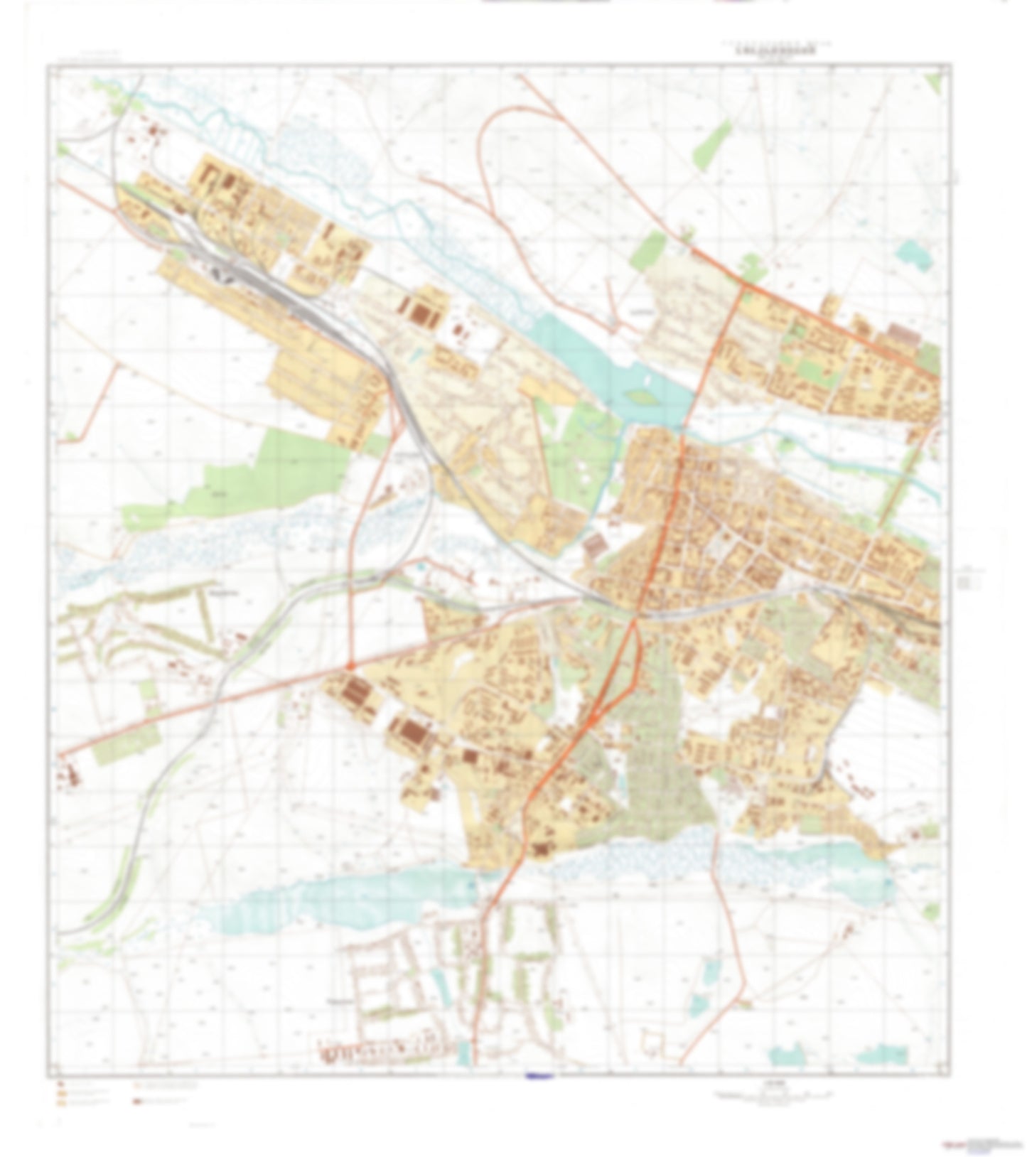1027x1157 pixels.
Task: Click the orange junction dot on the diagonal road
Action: coord(350,665)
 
